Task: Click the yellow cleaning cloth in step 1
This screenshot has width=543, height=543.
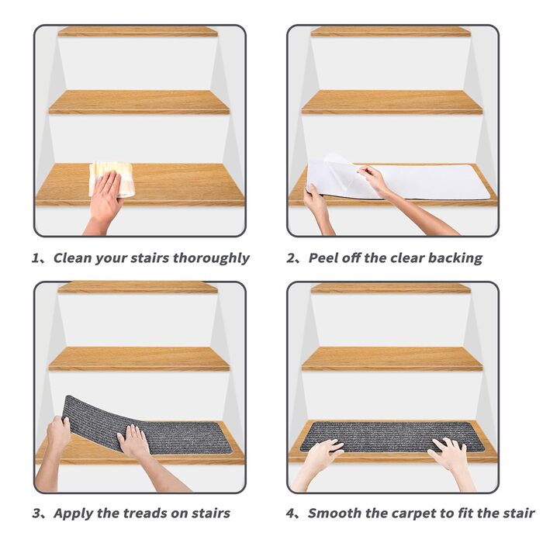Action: click(x=112, y=178)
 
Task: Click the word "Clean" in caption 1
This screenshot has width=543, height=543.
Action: click(x=72, y=258)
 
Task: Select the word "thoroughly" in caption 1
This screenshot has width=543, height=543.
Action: click(x=211, y=258)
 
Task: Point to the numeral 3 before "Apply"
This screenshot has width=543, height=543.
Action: click(x=36, y=514)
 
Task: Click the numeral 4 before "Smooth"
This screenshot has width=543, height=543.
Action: click(x=290, y=514)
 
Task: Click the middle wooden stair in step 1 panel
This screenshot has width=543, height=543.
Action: click(x=139, y=102)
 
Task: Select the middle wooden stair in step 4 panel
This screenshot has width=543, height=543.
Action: click(x=393, y=358)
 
